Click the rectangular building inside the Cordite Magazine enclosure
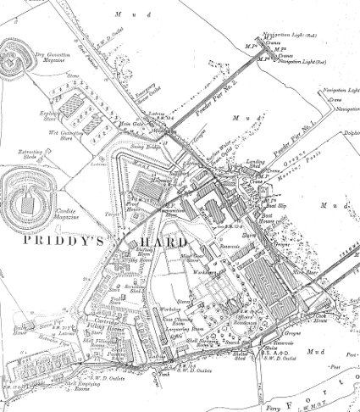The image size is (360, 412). click(30, 201)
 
